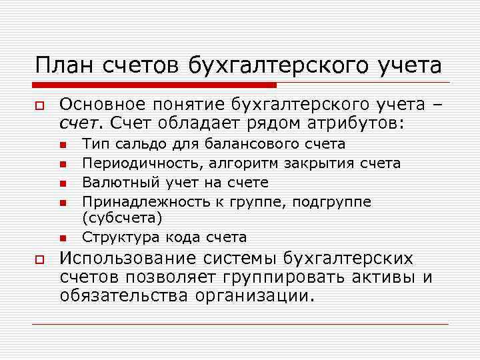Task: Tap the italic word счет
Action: tap(79, 123)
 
